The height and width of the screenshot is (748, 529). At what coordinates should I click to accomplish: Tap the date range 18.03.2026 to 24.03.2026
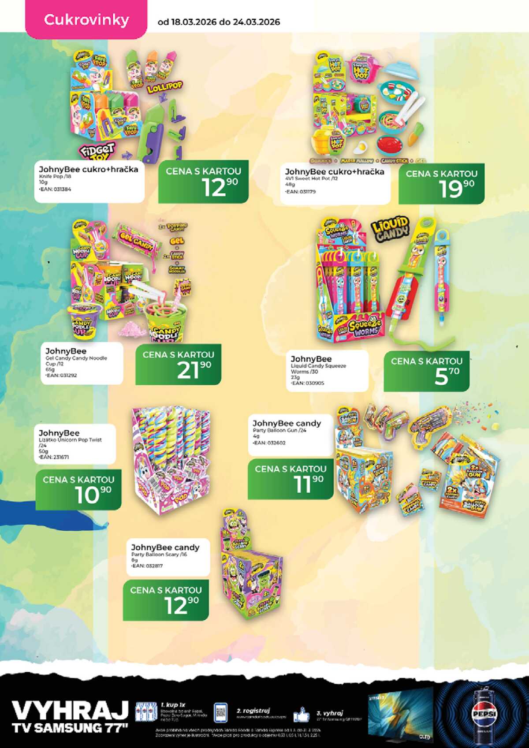pyautogui.click(x=219, y=22)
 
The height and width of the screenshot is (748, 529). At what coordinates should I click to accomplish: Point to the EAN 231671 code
pyautogui.click(x=54, y=457)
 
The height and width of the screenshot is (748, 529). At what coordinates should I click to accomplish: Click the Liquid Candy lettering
pyautogui.click(x=390, y=229)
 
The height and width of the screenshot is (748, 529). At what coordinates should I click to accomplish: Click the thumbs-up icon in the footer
pyautogui.click(x=302, y=714)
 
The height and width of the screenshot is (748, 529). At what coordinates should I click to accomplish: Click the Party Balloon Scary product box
pyautogui.click(x=249, y=573)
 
